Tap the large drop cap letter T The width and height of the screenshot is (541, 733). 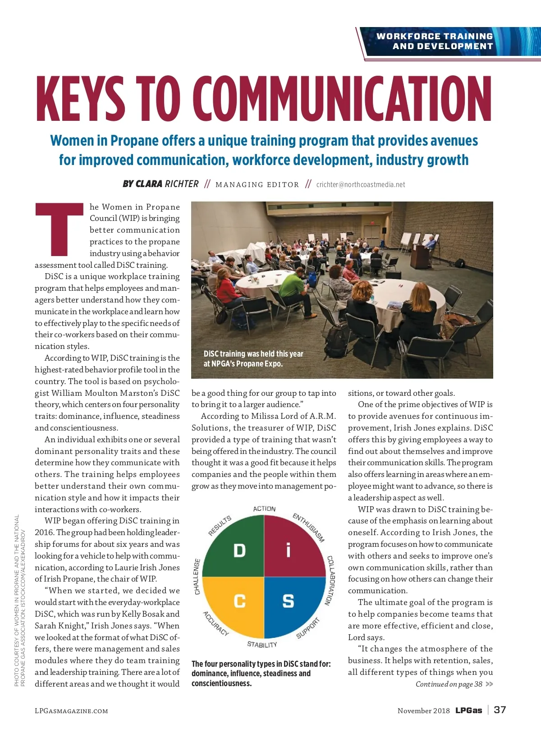coord(59,229)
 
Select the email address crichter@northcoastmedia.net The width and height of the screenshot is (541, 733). coord(360,184)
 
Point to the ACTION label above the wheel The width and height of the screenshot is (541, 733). coord(264,509)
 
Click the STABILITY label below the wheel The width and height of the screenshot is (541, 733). coord(262,645)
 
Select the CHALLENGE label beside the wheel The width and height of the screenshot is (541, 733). coord(197,577)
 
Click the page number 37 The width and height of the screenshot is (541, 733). coord(500,710)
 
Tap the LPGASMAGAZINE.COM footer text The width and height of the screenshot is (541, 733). coord(71,711)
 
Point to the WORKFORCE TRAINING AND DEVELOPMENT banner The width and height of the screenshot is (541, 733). coord(435,41)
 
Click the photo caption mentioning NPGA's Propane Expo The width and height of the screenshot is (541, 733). coord(253,359)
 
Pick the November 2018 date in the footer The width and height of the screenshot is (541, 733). coord(423,710)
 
